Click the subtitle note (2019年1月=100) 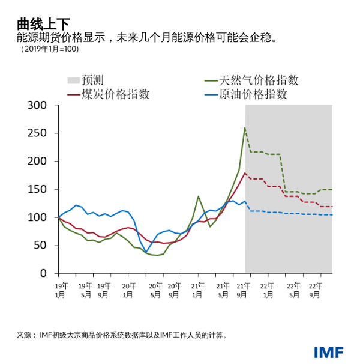pyautogui.click(x=49, y=49)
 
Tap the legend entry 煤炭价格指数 pyautogui.click(x=117, y=94)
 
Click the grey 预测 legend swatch pyautogui.click(x=73, y=80)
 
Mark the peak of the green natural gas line pyautogui.click(x=245, y=127)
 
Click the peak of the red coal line pyautogui.click(x=245, y=173)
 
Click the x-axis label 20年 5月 pyautogui.click(x=155, y=290)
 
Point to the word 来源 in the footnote pyautogui.click(x=25, y=335)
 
